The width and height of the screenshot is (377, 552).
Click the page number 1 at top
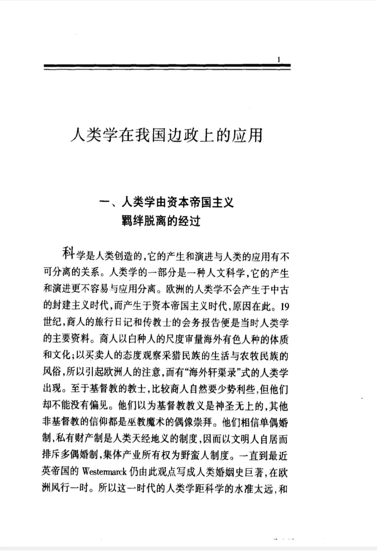[x=278, y=60]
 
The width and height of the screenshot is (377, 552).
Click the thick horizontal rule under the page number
[x=167, y=67]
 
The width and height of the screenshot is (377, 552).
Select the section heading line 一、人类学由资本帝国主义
[x=167, y=202]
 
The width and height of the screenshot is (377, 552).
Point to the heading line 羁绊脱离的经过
[x=161, y=221]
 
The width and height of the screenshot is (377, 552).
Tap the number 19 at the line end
[x=284, y=307]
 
